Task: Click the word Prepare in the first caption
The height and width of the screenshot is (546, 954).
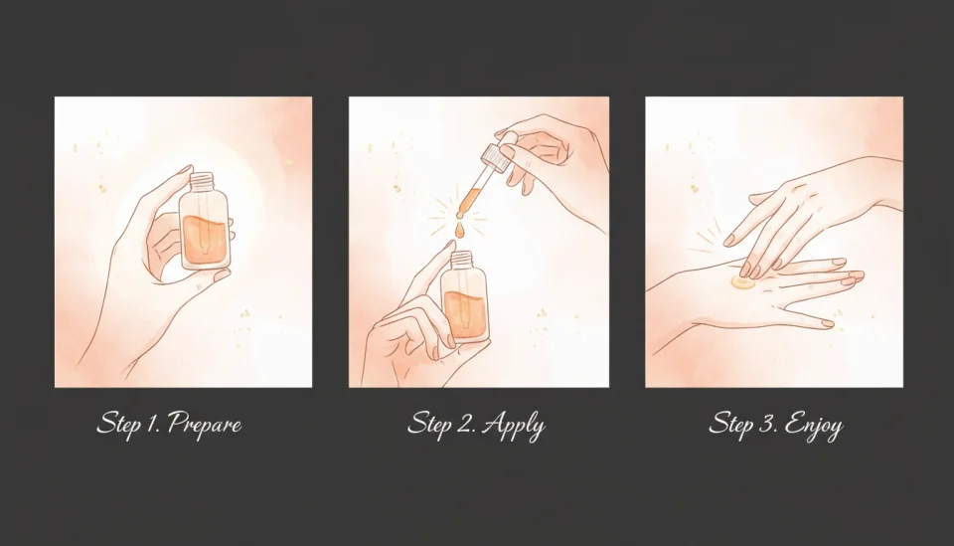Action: pos(205,425)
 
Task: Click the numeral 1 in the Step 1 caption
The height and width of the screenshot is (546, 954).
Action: pos(153,424)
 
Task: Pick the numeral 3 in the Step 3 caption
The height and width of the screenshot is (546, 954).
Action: pos(764,424)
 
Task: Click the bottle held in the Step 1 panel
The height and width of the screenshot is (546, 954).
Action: pos(204,228)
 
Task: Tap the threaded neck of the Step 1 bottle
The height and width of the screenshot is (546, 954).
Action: pos(202,182)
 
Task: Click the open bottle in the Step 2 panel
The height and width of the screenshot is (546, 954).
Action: pos(466,298)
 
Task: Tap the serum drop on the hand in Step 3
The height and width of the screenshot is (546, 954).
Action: pos(740,283)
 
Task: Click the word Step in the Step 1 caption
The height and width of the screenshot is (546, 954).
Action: pos(119,425)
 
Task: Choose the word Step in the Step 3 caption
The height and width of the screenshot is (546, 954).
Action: pos(731,425)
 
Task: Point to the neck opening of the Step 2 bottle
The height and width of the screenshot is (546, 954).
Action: pos(464,257)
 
